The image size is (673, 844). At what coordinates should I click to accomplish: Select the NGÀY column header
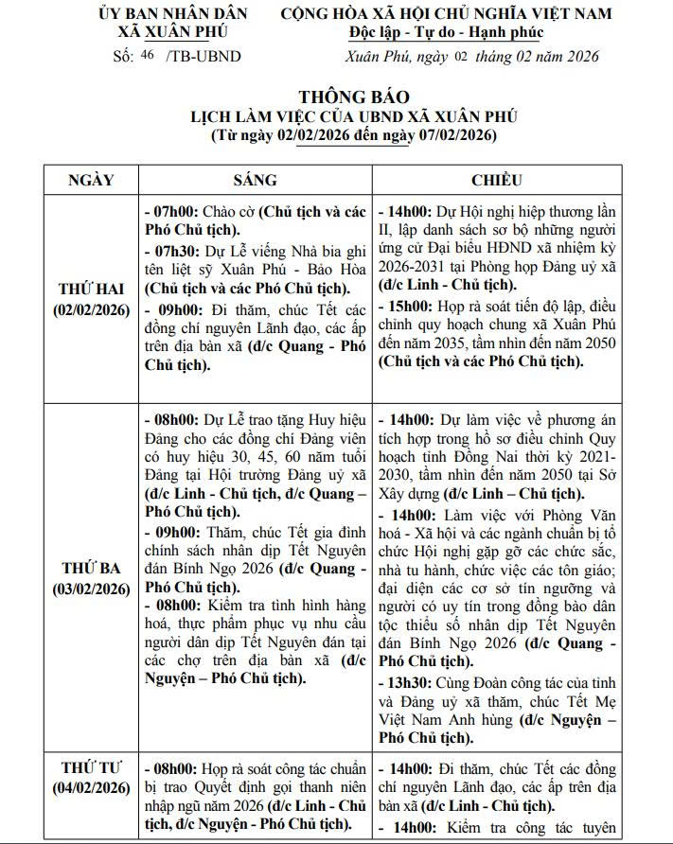pos(91,180)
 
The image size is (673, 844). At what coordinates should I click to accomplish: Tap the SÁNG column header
pos(255,180)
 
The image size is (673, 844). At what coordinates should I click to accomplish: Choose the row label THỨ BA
pos(91,568)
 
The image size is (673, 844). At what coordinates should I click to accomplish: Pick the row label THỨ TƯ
pos(91,766)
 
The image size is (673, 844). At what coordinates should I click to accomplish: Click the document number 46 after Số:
pos(147,56)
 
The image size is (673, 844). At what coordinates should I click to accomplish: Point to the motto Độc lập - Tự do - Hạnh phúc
pos(446,34)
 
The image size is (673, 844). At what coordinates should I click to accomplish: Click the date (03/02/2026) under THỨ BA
pos(91,589)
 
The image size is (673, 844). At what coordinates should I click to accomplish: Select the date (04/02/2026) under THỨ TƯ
pos(91,787)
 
